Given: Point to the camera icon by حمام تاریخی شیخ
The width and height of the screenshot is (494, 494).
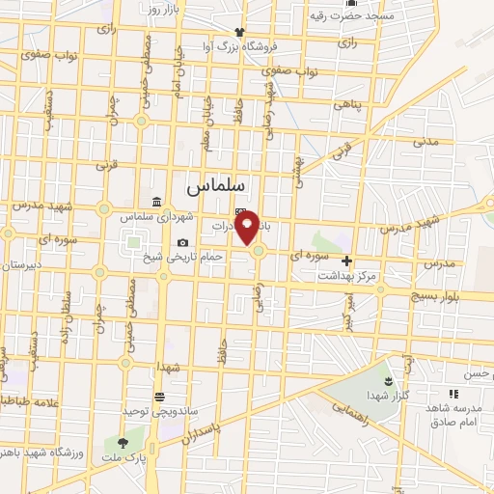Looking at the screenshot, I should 183,242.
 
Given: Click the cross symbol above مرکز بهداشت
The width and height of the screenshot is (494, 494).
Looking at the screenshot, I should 346,261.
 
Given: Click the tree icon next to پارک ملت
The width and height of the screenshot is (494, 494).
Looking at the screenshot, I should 123,440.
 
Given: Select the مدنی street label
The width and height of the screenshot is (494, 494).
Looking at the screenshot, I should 425,142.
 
